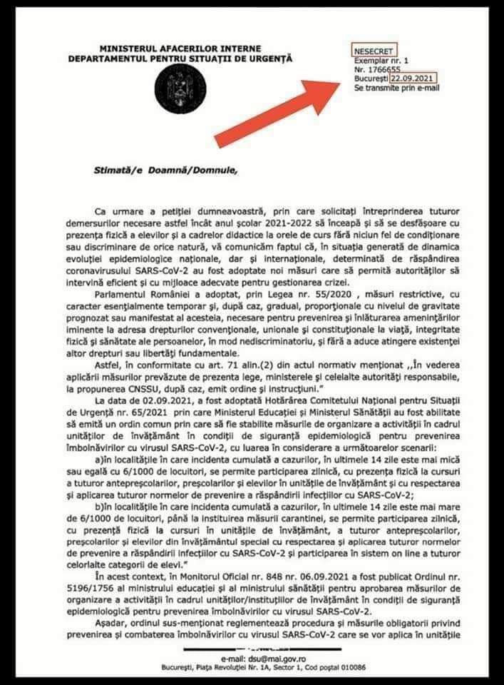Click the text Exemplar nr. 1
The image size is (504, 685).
pyautogui.click(x=381, y=62)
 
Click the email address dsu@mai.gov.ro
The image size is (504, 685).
pyautogui.click(x=250, y=658)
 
